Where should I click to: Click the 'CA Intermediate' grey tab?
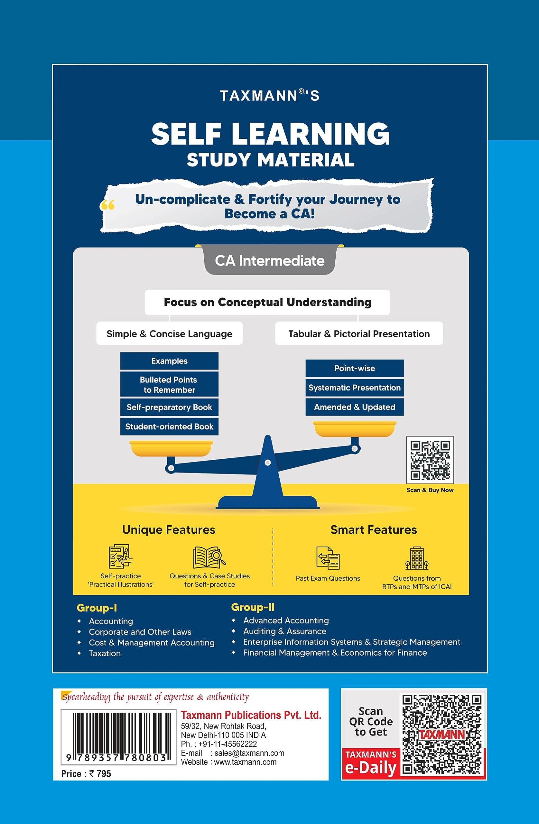pyautogui.click(x=269, y=261)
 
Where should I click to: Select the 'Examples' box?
pyautogui.click(x=169, y=361)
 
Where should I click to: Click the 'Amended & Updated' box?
pyautogui.click(x=355, y=407)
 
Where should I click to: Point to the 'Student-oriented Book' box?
pyautogui.click(x=169, y=426)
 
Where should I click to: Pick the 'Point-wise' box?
pyautogui.click(x=355, y=368)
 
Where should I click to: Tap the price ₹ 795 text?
pyautogui.click(x=86, y=773)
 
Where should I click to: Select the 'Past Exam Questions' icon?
pyautogui.click(x=328, y=558)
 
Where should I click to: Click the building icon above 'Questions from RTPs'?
pyautogui.click(x=417, y=558)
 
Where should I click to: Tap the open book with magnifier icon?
pyautogui.click(x=209, y=557)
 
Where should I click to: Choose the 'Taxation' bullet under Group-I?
pyautogui.click(x=105, y=653)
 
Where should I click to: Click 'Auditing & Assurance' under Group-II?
pyautogui.click(x=284, y=631)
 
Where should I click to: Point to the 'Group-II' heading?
pyautogui.click(x=253, y=607)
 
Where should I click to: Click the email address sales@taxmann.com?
pyautogui.click(x=249, y=753)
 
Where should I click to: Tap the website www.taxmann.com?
pyautogui.click(x=245, y=762)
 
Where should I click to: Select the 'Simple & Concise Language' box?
pyautogui.click(x=169, y=333)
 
